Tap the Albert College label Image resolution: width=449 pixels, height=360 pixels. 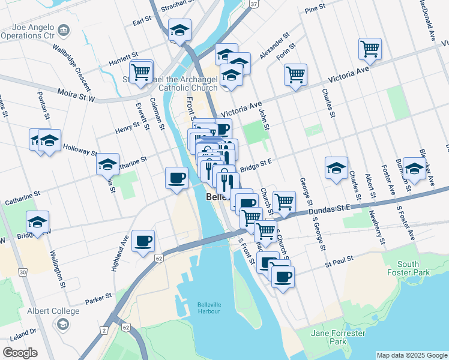pos(53,311)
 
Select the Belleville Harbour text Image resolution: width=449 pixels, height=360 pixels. pos(209,308)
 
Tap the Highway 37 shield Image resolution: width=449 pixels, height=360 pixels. pos(255,4)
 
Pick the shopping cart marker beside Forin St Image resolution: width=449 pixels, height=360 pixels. pos(295,74)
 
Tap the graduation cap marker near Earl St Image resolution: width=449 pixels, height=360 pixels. pos(179,30)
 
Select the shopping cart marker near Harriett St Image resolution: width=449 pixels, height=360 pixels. pos(141,72)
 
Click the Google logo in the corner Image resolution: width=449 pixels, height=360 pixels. pos(20,353)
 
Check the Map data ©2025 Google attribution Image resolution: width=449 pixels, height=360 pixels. pos(411,355)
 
